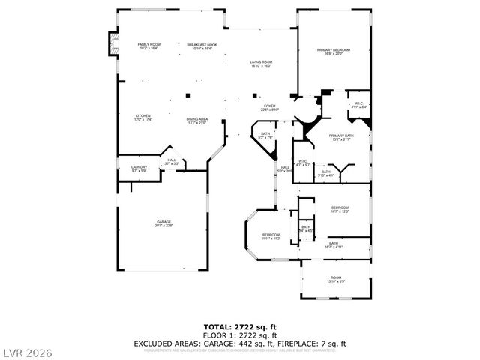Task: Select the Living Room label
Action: tap(261, 64)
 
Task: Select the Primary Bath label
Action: tap(340, 137)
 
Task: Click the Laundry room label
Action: tap(139, 169)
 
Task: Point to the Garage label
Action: tap(163, 223)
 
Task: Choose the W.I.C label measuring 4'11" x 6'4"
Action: tap(359, 105)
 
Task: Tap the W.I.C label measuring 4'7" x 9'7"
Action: tap(302, 162)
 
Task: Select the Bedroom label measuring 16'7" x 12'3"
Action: tap(340, 210)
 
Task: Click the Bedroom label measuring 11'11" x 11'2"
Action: tap(271, 237)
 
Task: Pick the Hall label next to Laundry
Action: tap(172, 161)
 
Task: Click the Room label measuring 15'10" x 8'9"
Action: tap(336, 279)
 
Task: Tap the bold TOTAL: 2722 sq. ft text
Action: tap(239, 326)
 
